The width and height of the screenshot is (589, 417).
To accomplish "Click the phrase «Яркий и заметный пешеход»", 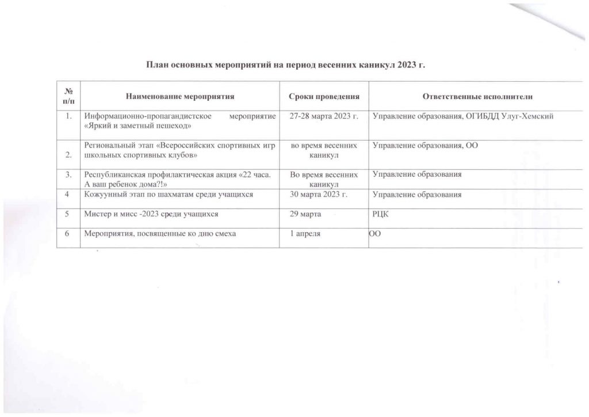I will (138, 125).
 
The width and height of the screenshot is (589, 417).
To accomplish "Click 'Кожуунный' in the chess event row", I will (105, 194).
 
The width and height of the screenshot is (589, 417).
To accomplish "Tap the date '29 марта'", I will (305, 214).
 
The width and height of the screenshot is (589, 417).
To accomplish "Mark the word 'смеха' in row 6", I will (225, 233).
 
